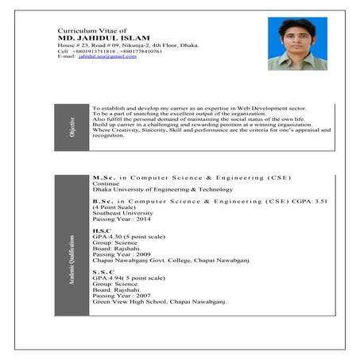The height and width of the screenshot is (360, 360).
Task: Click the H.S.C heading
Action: (x=103, y=230)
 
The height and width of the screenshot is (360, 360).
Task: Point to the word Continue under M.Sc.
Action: (x=106, y=184)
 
